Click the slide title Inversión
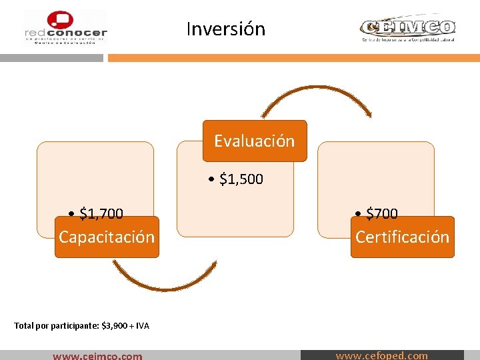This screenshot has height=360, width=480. coord(225,29)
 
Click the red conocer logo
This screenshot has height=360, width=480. coord(65,28)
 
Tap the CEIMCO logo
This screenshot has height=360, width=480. coord(407,29)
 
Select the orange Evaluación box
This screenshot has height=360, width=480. coord(254,141)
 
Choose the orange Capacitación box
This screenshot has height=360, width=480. coord(107,237)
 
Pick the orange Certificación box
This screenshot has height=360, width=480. coord(402,237)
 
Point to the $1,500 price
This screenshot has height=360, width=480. coord(241,179)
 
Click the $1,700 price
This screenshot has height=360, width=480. coord(101,213)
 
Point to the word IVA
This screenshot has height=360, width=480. coord(142,326)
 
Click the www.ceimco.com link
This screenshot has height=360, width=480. coord(97,355)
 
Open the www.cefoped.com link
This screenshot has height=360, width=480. coord(381,355)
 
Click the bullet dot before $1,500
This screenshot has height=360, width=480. coord(211,179)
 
